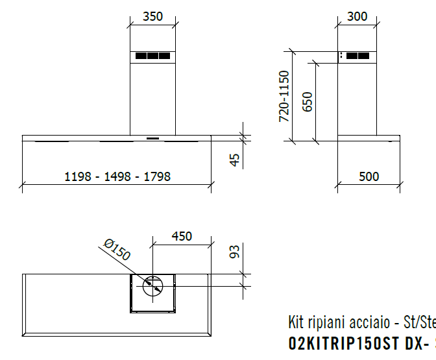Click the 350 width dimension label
tap(152, 17)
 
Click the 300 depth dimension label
tap(357, 17)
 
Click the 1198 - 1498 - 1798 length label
tap(117, 176)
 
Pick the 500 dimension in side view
tap(369, 176)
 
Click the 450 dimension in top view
tap(181, 236)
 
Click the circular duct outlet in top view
tap(153, 285)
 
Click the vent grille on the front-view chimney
tap(152, 56)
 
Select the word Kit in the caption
tap(296, 323)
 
